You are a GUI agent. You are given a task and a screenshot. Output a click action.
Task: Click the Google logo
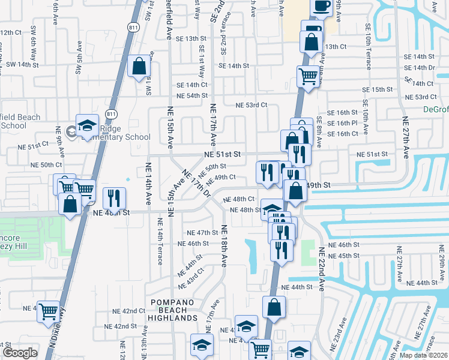click(x=20, y=353)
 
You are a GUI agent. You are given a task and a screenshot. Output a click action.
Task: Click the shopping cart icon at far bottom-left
click(x=49, y=311)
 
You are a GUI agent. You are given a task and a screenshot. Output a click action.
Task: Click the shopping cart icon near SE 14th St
click(x=308, y=77)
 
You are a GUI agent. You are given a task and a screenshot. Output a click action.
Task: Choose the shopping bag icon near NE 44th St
click(x=274, y=307)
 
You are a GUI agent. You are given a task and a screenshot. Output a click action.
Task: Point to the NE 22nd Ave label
click(x=321, y=269)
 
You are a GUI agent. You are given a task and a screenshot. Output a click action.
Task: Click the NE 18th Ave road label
click(x=224, y=246)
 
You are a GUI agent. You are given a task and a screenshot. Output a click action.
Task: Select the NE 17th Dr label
click(x=197, y=184)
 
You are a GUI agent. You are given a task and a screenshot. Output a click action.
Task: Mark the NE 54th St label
click(x=191, y=96)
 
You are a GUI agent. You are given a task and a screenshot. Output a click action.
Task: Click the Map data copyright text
click(x=423, y=355)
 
